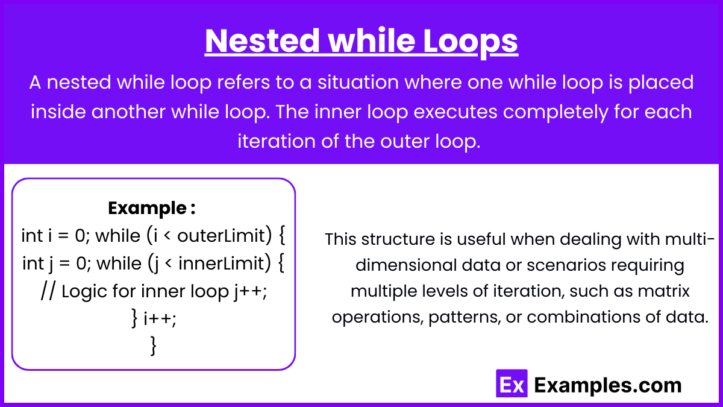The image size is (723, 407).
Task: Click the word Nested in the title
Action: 262,41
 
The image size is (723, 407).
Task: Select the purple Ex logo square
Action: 512,383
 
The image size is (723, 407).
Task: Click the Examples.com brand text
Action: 608,385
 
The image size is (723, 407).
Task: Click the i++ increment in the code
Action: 160,319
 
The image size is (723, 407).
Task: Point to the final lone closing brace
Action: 154,346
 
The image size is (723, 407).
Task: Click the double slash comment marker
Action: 48,291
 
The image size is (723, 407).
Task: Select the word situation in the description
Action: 358,82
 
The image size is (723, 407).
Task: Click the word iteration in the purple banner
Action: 277,141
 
